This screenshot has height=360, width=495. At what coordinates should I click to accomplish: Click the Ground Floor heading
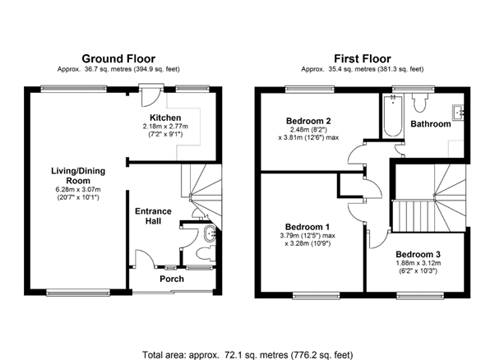point(118,59)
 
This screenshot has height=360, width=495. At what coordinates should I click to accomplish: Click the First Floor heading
point(363,59)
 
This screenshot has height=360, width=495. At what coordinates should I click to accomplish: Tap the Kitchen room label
point(165,118)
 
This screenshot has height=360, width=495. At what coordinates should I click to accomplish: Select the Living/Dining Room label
point(78,176)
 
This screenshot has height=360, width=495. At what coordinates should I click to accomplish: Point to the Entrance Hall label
point(153,216)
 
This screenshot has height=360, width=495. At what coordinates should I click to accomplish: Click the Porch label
point(172,279)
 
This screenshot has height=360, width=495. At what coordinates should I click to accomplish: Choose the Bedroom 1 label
point(308,227)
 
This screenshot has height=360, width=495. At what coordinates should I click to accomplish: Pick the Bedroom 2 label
point(308,121)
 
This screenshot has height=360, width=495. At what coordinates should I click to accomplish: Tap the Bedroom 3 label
point(418,254)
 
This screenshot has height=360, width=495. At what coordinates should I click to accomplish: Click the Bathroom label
point(431,124)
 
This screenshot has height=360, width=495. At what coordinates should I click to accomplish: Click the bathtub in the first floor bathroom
point(393,115)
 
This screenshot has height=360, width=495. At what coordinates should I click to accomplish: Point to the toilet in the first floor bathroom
point(420,103)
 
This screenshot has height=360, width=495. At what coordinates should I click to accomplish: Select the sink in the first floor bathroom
point(458,113)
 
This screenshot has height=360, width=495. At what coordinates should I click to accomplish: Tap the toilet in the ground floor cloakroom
point(206,253)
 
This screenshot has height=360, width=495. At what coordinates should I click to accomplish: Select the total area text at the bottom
point(247,355)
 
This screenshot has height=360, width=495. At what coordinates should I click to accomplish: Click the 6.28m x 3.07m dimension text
point(78,190)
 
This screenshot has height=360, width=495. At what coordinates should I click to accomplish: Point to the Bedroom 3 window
point(420,295)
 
